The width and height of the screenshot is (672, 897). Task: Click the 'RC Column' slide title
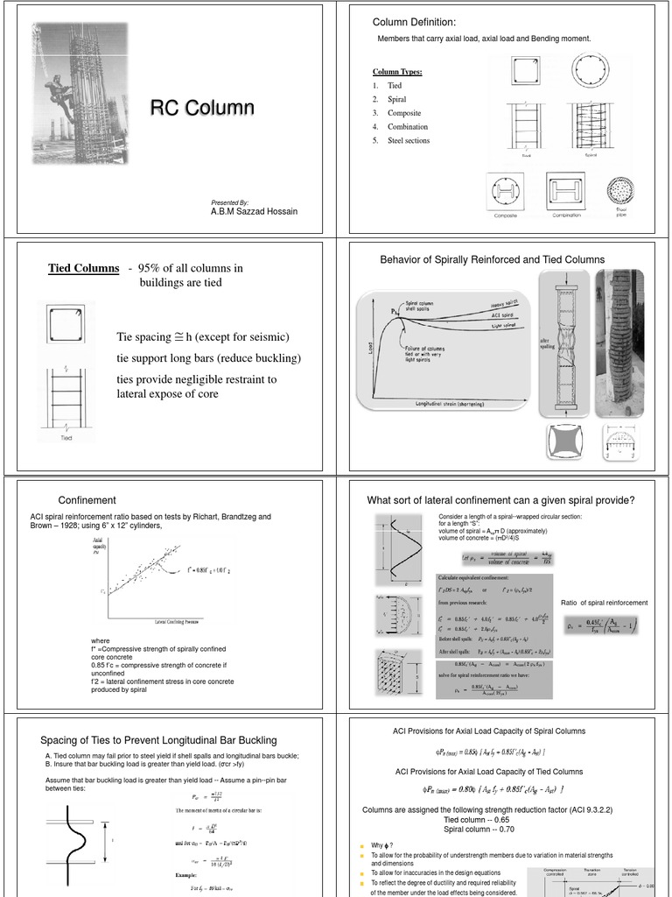[x=202, y=108]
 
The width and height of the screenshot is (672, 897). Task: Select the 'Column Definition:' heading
[x=414, y=22]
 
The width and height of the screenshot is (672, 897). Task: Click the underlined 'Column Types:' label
[x=397, y=71]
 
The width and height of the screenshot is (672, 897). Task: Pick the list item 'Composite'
[x=403, y=113]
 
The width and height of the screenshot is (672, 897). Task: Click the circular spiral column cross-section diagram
[x=600, y=72]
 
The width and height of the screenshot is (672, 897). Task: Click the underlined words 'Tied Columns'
[x=83, y=268]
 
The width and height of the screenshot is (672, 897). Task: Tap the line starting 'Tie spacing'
[x=202, y=338]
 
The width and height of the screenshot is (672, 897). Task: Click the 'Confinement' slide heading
[x=87, y=500]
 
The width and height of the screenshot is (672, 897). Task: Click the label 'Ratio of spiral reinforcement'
[x=604, y=603]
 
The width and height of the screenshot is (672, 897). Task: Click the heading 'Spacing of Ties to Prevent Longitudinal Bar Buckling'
[x=158, y=740]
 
